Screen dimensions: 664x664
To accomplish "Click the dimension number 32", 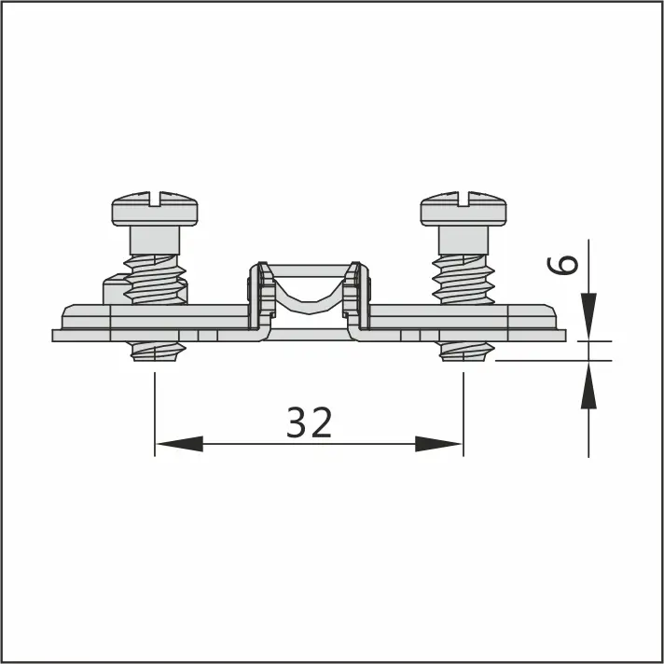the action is pos(309,422).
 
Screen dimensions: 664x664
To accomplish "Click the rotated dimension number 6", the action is pos(562,265).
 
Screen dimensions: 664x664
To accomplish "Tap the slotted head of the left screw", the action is pos(155,209).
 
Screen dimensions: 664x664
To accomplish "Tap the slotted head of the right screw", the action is pos(463,209).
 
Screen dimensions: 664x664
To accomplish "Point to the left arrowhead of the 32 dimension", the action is pos(180,444).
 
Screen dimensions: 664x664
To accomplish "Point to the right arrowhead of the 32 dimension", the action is pos(438,444).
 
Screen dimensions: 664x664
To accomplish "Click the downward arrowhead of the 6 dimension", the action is pos(588,316).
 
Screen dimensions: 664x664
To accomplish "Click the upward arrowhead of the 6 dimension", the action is pos(588,385).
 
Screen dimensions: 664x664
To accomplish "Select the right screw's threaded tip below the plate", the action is pos(465,352).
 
